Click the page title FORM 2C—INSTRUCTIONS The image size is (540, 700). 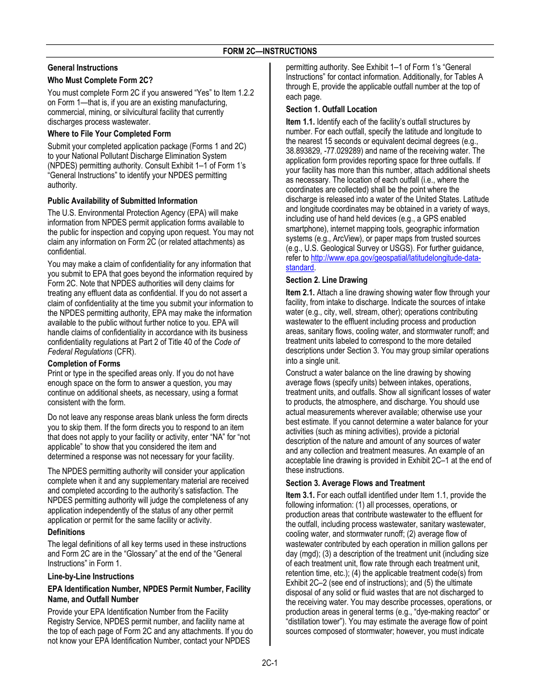[269, 51]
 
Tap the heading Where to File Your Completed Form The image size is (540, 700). [109, 134]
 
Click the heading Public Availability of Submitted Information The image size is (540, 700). [122, 201]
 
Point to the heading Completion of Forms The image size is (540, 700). [84, 364]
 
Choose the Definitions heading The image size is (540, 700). [66, 532]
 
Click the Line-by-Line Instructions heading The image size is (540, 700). [90, 577]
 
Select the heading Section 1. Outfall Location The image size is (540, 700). [331, 109]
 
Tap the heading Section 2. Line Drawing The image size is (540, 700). [326, 280]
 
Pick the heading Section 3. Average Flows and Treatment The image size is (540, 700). [355, 483]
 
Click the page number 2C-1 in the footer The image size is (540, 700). [269, 663]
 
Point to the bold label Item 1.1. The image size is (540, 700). [300, 122]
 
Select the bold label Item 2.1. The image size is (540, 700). [300, 293]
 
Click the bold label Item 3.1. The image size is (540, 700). [300, 495]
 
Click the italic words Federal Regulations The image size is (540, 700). [80, 352]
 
